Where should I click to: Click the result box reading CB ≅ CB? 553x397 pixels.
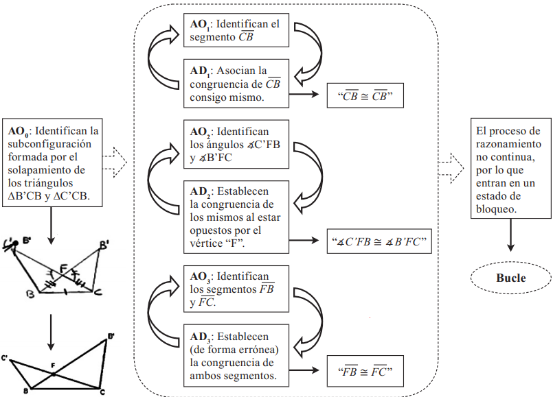(364, 96)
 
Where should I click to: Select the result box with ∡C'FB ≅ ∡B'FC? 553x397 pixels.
(380, 241)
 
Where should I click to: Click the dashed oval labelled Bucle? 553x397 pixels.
(510, 278)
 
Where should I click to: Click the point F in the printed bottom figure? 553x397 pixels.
(53, 374)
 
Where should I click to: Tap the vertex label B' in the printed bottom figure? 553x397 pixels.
(111, 336)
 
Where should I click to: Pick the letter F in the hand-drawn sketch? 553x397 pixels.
(62, 267)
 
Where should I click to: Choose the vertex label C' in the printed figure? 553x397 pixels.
(5, 358)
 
